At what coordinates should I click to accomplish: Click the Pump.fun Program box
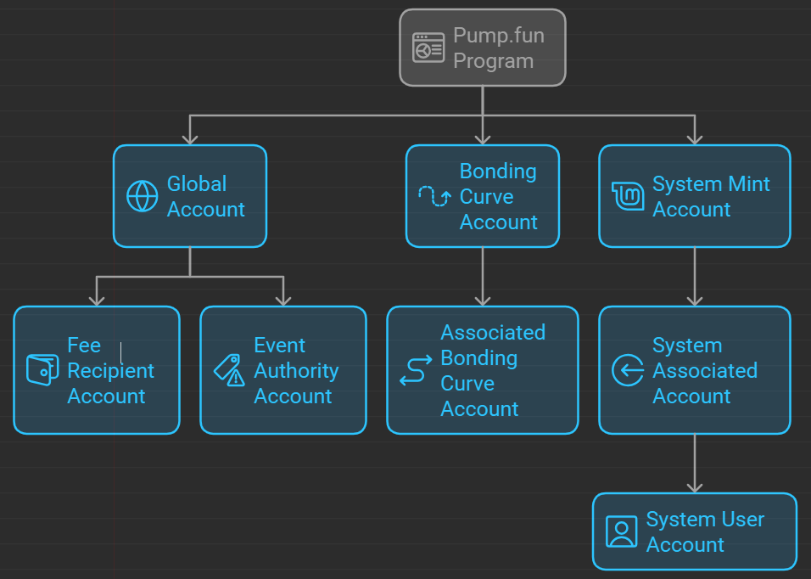(482, 48)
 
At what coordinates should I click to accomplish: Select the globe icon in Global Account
(142, 196)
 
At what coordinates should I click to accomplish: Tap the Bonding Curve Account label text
(498, 196)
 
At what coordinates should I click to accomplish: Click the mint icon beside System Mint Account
(628, 196)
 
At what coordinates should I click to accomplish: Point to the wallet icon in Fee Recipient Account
(42, 370)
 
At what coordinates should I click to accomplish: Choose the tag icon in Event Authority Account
(228, 370)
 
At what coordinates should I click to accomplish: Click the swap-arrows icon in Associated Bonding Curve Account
(416, 371)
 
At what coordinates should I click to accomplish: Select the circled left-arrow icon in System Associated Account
(628, 370)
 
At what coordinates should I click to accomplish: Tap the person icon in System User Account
(621, 531)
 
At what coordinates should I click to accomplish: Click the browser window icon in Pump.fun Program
(428, 48)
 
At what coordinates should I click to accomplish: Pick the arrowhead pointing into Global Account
(190, 138)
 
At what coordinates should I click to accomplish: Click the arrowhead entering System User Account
(695, 486)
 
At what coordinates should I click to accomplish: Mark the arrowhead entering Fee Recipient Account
(97, 300)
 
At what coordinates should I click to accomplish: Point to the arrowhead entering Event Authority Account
(283, 300)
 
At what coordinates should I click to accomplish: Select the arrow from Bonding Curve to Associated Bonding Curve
(483, 276)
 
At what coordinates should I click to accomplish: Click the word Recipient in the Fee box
(110, 371)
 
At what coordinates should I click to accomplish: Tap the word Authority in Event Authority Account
(296, 371)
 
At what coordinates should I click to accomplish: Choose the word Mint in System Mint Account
(750, 184)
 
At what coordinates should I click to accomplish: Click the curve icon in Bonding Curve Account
(434, 196)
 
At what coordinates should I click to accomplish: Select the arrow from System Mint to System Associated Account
(695, 276)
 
